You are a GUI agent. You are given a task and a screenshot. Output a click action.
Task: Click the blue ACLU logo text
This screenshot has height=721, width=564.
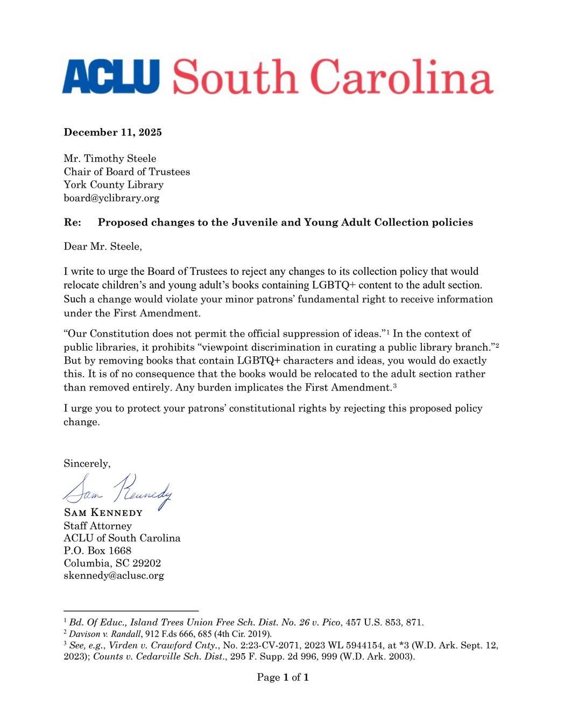111,77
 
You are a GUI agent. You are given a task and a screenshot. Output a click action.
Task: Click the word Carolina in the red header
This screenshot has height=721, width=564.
401,77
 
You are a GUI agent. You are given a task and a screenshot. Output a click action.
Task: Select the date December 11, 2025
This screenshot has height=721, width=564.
112,132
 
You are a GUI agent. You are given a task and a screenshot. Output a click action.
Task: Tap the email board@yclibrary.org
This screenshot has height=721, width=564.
111,198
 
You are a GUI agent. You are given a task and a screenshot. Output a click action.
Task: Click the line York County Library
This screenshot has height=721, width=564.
114,185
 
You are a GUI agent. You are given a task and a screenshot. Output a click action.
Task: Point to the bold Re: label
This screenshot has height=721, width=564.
73,223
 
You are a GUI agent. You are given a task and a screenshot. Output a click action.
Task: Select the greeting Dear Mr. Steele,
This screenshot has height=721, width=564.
103,247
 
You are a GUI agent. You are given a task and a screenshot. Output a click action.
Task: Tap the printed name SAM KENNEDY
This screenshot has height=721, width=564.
103,513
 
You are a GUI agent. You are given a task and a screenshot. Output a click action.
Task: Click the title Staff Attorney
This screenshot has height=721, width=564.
97,526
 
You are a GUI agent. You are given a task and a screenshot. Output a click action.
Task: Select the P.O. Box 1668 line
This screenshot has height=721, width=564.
97,550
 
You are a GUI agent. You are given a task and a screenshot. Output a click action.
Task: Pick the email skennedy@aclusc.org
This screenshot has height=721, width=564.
114,576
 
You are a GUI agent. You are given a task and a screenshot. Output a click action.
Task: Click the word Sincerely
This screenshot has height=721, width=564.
86,464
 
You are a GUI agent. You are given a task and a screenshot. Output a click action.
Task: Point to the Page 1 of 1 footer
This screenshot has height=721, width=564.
283,677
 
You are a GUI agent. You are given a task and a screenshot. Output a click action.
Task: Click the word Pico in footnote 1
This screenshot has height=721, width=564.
331,623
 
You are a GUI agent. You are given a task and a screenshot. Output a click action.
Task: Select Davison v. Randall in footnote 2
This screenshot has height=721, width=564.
105,634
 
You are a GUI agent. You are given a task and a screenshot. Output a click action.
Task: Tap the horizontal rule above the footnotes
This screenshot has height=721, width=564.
131,611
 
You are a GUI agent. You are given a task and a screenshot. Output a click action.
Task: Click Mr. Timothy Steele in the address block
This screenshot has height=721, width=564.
110,159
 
